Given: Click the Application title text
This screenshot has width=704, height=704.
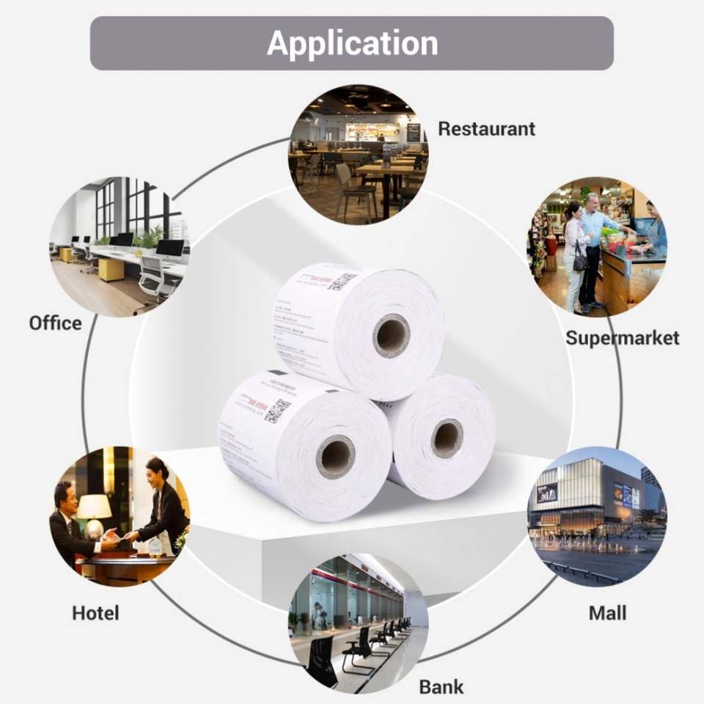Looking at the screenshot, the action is [352, 43].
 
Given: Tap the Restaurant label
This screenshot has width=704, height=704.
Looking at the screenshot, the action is [486, 129].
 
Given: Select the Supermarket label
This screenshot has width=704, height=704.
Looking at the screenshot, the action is [622, 338].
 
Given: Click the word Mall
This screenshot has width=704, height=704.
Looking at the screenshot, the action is [607, 613].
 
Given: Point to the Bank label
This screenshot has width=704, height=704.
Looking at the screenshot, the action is [441, 687].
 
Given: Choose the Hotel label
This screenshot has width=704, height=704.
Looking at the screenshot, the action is [95, 613].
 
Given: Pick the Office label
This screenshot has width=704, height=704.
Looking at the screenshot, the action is [55, 323].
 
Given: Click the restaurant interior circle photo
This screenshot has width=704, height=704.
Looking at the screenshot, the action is [358, 154].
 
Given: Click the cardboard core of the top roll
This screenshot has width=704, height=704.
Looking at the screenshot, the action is [391, 334].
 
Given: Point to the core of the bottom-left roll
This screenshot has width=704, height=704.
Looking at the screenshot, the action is [335, 457].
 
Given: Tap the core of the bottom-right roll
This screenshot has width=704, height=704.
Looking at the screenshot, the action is [447, 438].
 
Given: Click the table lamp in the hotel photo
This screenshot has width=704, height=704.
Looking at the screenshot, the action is [94, 509].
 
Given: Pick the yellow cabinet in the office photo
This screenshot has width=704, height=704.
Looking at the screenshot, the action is [110, 270].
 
